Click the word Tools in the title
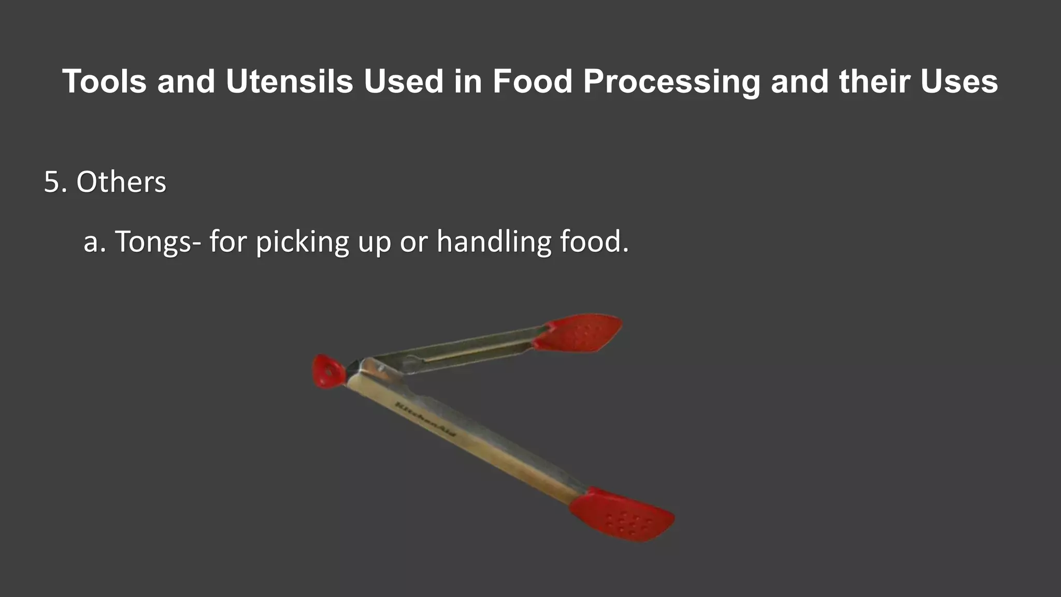coord(104,81)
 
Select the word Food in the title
coord(532,81)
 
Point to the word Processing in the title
coord(671,82)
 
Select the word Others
coord(121,182)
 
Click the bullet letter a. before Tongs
coord(94,242)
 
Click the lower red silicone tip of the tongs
coord(622,514)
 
